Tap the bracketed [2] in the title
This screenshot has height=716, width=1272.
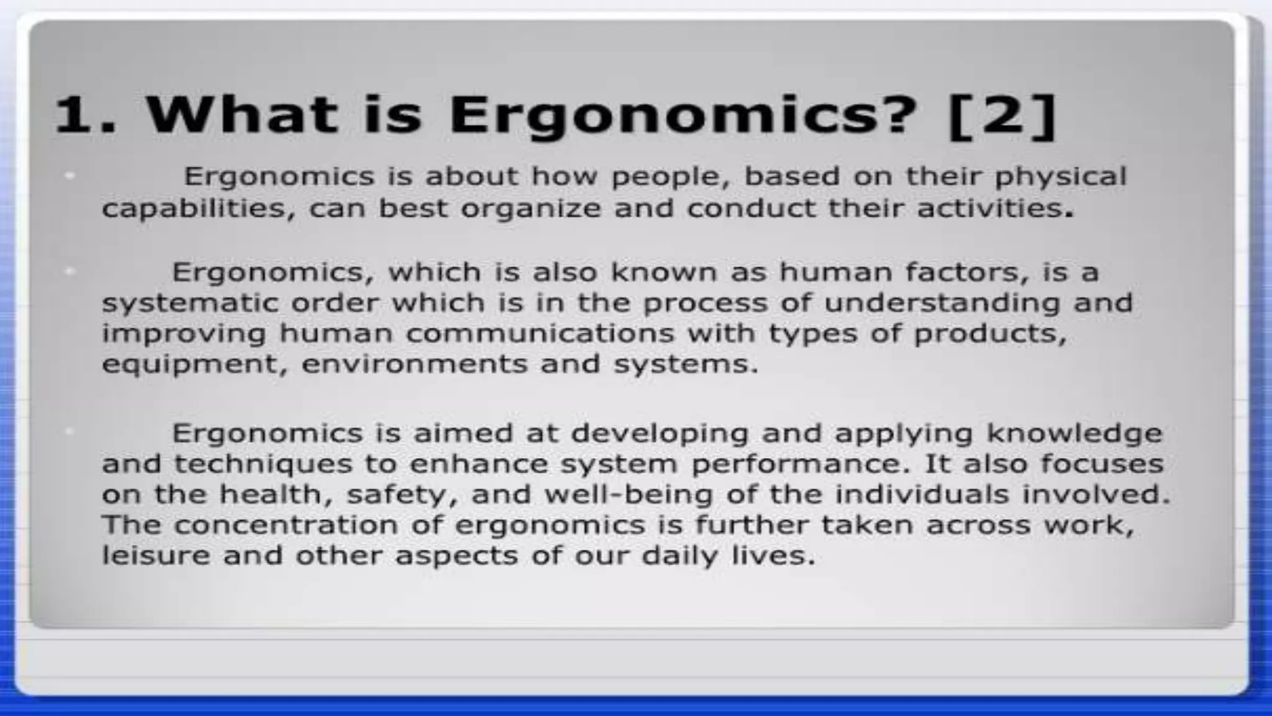click(x=1002, y=116)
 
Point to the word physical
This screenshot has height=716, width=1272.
click(x=1060, y=177)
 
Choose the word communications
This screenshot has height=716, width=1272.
click(x=540, y=333)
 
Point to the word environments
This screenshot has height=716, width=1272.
click(x=414, y=364)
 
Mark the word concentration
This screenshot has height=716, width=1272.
click(x=286, y=525)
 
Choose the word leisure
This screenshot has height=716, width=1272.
click(x=156, y=555)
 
